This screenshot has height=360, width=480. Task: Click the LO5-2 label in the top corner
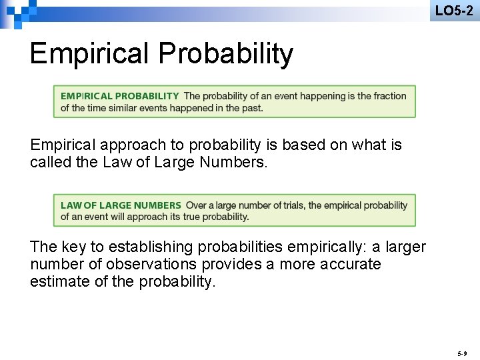pos(454,11)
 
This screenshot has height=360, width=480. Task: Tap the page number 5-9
pos(463,352)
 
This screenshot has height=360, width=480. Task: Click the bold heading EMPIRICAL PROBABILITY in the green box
pos(120,96)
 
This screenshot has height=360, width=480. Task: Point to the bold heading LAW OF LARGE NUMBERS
pos(121,205)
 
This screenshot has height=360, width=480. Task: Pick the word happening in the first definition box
pos(321,96)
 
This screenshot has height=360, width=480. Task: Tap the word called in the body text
pos(48,162)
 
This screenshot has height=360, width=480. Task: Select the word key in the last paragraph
pos(76,247)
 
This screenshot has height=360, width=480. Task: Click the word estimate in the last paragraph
pos(59,281)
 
